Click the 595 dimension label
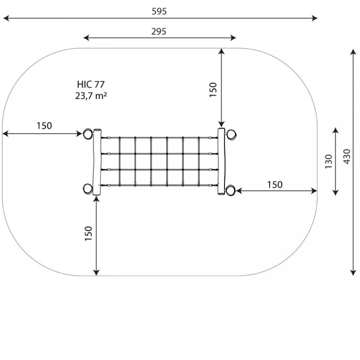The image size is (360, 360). point(159,11)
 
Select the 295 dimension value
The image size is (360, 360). point(158,31)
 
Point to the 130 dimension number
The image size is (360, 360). point(329,161)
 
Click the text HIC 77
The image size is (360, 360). point(91,84)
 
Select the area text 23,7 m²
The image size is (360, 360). point(91,96)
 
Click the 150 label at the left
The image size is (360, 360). point(45,126)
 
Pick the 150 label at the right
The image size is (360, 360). point(275,185)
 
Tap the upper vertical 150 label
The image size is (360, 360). point(213,90)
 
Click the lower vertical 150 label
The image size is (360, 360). point(89,233)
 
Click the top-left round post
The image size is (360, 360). point(88,134)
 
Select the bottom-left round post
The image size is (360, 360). point(88,189)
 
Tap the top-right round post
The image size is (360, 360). point(232,135)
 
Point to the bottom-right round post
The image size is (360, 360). point(231,190)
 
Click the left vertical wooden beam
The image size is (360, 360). point(97,162)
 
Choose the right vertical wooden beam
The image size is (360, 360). point(222,161)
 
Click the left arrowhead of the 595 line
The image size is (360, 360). point(6,18)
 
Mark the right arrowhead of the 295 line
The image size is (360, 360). point(233,38)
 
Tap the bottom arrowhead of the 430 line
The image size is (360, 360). point(353,273)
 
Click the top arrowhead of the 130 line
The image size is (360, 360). point(336,130)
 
